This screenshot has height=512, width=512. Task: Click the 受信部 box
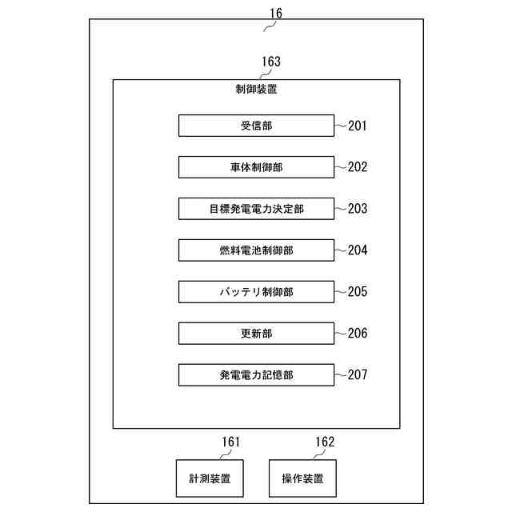(256, 126)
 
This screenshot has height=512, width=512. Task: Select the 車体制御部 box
(256, 167)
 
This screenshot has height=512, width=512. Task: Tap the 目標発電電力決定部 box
(256, 209)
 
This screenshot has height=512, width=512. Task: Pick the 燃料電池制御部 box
(256, 250)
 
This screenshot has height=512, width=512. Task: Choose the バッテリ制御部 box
(256, 292)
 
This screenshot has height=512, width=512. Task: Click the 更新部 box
(256, 334)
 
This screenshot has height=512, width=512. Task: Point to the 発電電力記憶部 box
(256, 374)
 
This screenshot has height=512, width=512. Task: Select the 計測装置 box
(210, 478)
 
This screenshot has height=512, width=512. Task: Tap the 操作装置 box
(302, 478)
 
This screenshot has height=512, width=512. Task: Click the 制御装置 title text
(256, 90)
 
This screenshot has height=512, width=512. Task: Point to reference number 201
(358, 126)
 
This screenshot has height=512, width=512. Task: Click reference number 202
(358, 167)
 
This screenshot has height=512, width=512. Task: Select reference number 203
(358, 209)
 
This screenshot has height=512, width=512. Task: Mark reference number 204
(358, 250)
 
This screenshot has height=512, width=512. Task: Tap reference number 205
(358, 292)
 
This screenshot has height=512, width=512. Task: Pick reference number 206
(358, 334)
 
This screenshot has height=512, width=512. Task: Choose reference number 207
(358, 374)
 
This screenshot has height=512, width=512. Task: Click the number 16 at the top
(275, 14)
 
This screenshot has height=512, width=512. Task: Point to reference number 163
(271, 61)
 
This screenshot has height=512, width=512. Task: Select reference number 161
(230, 442)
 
